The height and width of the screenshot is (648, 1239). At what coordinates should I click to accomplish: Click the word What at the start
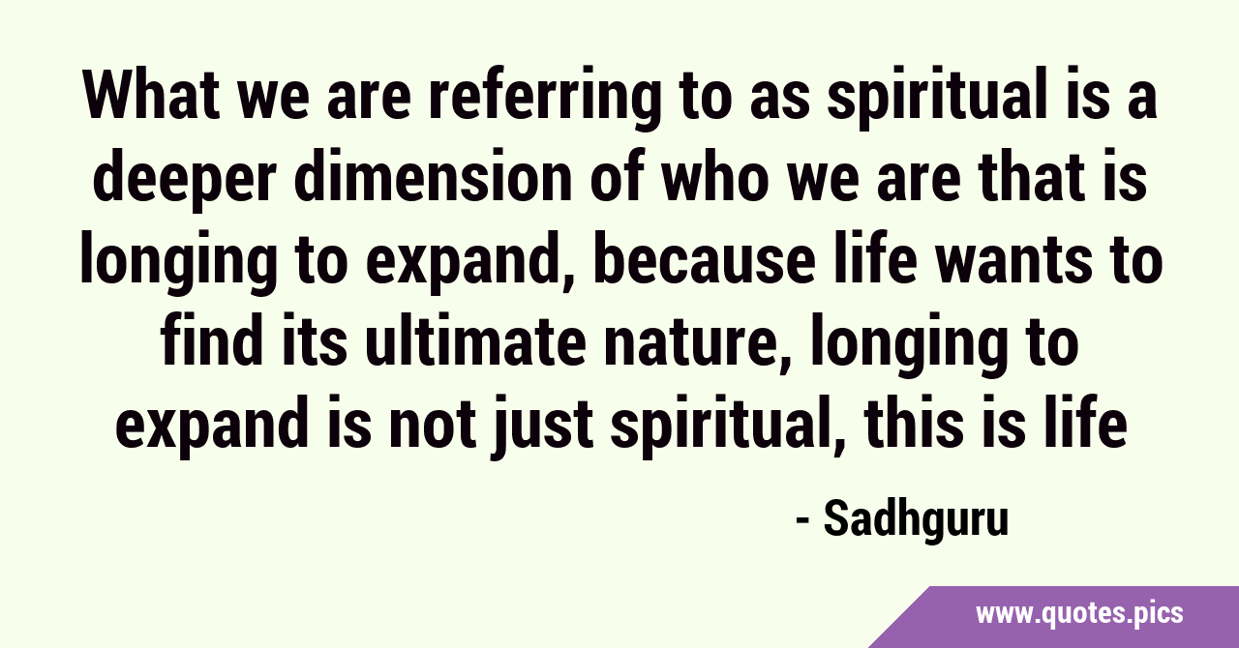point(151,96)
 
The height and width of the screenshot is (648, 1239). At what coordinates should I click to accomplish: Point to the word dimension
point(434,177)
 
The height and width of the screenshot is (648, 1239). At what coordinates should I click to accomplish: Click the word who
point(714,177)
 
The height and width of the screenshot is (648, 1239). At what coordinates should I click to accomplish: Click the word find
point(211,341)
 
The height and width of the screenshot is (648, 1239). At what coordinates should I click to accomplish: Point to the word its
point(314,341)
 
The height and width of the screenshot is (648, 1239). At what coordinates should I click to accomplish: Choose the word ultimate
point(475,341)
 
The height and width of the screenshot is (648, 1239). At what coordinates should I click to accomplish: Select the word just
point(543,428)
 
